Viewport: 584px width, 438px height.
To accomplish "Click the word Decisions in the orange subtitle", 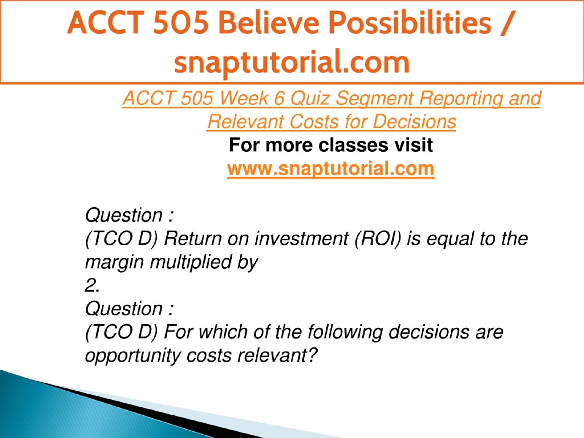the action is [x=414, y=122].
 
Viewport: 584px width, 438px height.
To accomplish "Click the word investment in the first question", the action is [x=302, y=239].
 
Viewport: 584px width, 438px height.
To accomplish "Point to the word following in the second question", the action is [x=345, y=333].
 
